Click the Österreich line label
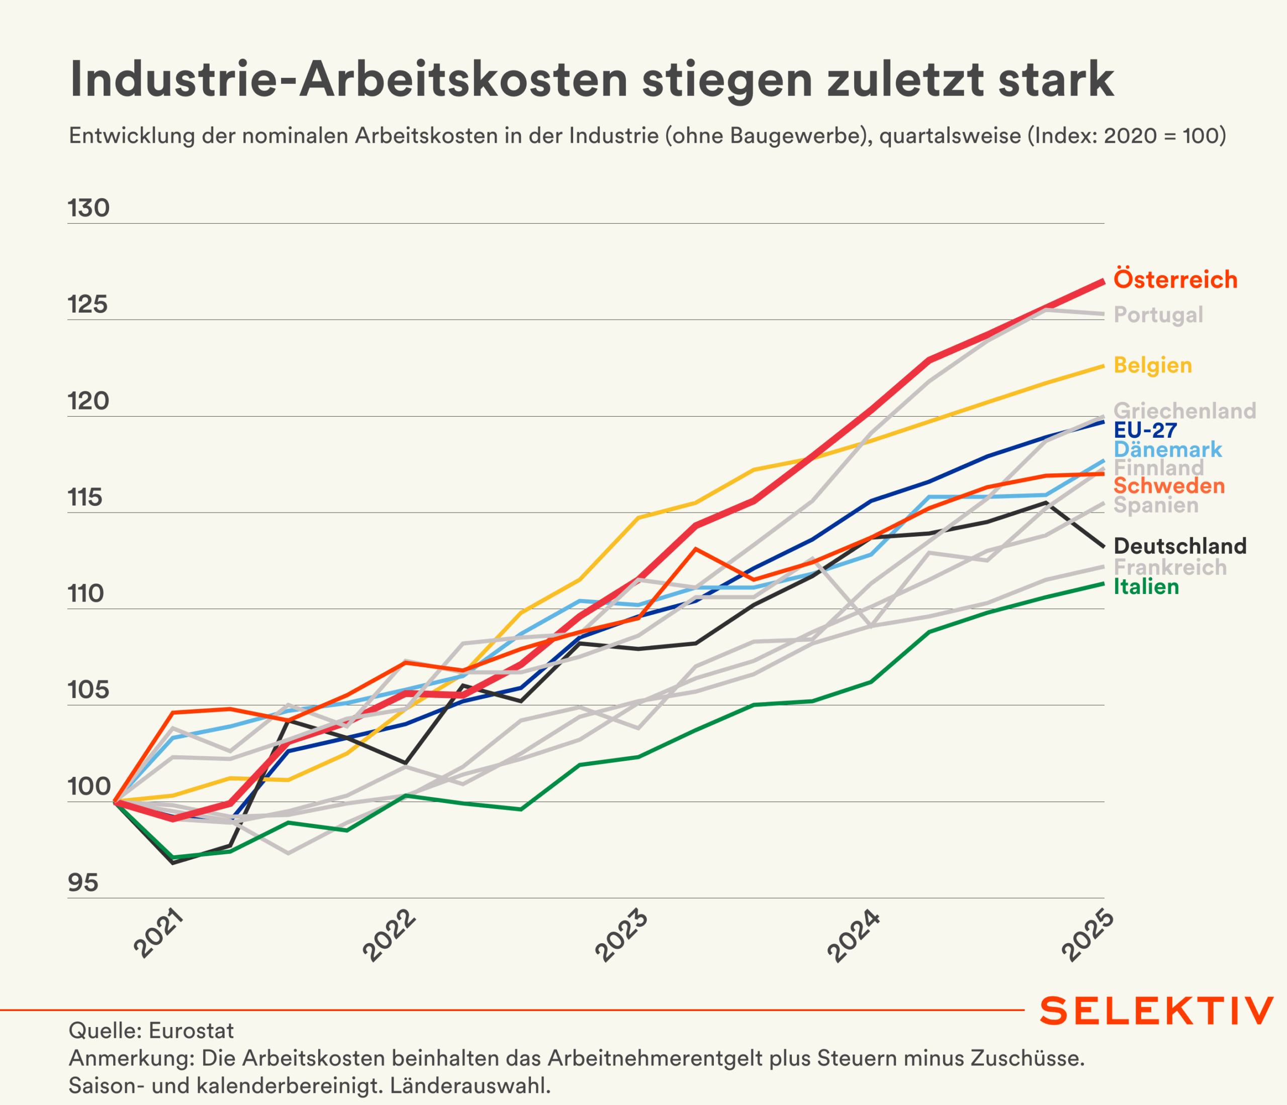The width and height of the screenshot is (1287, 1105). click(x=1175, y=279)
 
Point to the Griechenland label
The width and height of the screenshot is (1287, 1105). click(x=1184, y=411)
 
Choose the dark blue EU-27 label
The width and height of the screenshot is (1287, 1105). click(x=1145, y=430)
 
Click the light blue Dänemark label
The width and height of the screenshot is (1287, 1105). click(x=1168, y=449)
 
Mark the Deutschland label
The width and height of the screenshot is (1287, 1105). click(x=1180, y=546)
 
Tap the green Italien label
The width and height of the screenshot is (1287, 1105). click(x=1146, y=586)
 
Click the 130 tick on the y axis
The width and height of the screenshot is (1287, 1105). click(x=89, y=208)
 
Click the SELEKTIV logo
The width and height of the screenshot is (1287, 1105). click(x=1156, y=1011)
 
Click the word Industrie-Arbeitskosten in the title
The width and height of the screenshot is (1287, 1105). click(x=348, y=80)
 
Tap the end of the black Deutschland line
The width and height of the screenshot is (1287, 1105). click(x=1103, y=546)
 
